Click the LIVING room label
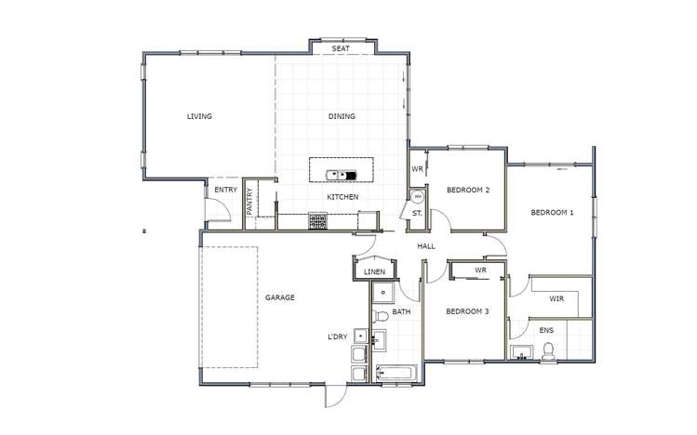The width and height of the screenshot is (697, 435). point(199,117)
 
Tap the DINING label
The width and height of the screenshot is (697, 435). point(342,117)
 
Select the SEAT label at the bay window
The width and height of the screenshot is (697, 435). point(341,47)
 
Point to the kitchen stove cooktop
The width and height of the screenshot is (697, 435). point(318,221)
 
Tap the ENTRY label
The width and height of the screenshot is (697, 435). point(225,190)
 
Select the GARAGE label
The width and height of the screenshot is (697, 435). point(280,297)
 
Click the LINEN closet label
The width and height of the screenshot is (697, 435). point(374,271)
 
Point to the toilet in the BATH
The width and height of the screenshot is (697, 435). point(382,318)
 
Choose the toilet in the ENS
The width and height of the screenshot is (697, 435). point(549,350)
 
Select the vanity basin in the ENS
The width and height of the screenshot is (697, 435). point(519,352)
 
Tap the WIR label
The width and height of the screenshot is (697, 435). point(556,299)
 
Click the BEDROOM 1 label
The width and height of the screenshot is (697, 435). point(553,213)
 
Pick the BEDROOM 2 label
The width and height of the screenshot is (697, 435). point(468,190)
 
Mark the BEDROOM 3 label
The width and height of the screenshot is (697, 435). point(467,311)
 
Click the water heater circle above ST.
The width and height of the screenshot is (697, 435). point(418,197)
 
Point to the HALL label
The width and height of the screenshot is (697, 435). point(426,246)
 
